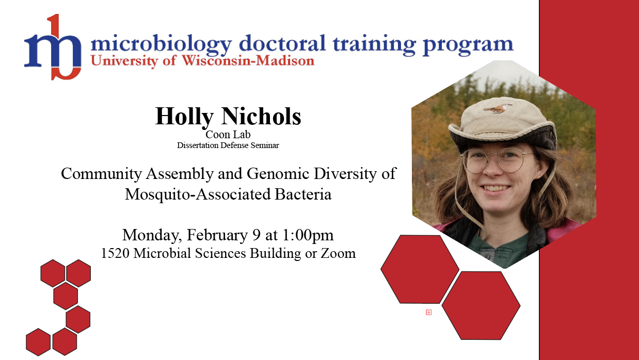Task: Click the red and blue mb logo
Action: click(53, 47)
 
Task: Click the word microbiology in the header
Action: click(161, 44)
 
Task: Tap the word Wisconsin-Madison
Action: click(248, 61)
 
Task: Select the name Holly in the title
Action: click(184, 116)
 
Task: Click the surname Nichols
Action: click(261, 116)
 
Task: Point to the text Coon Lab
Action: click(228, 134)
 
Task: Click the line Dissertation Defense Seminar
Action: click(228, 145)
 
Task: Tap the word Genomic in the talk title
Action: click(278, 173)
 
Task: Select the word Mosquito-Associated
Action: click(197, 194)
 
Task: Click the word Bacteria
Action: click(303, 194)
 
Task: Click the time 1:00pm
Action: click(308, 235)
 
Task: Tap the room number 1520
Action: click(115, 253)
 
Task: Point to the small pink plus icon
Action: click(428, 313)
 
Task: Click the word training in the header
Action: click(374, 44)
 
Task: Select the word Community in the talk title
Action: click(101, 174)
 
